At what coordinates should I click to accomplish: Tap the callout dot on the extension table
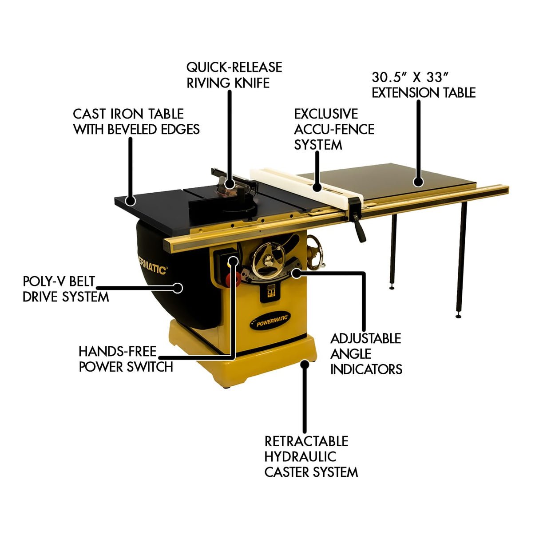coord(417,181)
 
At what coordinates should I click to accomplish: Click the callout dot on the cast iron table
coord(130,201)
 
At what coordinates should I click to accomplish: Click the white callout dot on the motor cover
coord(178,288)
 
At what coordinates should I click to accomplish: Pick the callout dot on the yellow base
coord(305,364)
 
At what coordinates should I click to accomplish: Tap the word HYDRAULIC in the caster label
coord(300,457)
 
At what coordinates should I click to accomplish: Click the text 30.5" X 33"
coord(407,77)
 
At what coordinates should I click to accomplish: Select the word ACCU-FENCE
coord(334,129)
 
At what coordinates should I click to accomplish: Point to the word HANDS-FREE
coord(117,352)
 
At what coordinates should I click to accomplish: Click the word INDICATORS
coord(366,369)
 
